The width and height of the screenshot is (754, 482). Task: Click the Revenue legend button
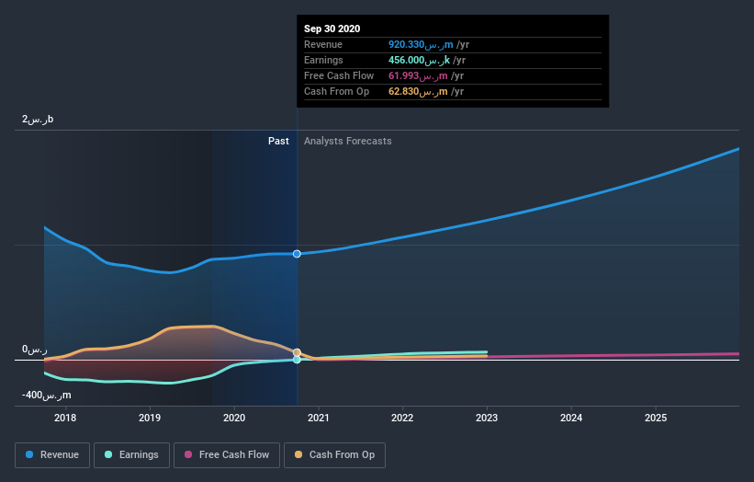pyautogui.click(x=53, y=454)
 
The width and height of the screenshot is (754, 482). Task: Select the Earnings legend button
pyautogui.click(x=131, y=454)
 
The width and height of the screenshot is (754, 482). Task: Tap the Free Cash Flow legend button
pyautogui.click(x=227, y=454)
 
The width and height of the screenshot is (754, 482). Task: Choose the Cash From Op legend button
pyautogui.click(x=335, y=454)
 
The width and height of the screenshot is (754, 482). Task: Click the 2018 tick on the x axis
pyautogui.click(x=65, y=419)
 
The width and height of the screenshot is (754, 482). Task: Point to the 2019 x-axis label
pyautogui.click(x=150, y=419)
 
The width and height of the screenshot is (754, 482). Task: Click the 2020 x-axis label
pyautogui.click(x=234, y=419)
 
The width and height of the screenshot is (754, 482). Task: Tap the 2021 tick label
pyautogui.click(x=319, y=419)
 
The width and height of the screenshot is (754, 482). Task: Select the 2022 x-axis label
pyautogui.click(x=402, y=419)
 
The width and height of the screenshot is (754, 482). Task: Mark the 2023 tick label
pyautogui.click(x=487, y=419)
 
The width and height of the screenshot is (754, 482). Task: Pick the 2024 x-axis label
pyautogui.click(x=571, y=419)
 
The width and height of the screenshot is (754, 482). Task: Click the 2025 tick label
pyautogui.click(x=656, y=419)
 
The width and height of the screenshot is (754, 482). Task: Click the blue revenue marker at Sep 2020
pyautogui.click(x=297, y=254)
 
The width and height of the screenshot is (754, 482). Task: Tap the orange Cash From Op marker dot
pyautogui.click(x=297, y=352)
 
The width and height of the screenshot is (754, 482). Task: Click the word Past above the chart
pyautogui.click(x=278, y=141)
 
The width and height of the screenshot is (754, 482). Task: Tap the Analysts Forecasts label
pyautogui.click(x=347, y=141)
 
